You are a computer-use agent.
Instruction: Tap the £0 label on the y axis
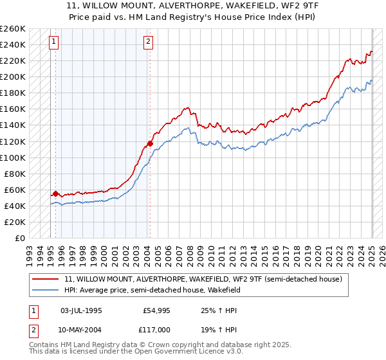pyautogui.click(x=19, y=238)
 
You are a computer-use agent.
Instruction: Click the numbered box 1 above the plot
pyautogui.click(x=55, y=42)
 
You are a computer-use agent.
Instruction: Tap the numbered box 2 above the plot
pyautogui.click(x=149, y=42)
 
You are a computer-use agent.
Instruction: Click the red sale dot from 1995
pyautogui.click(x=56, y=194)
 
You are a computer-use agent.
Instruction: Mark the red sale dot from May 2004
pyautogui.click(x=150, y=143)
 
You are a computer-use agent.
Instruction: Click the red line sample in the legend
pyautogui.click(x=45, y=279)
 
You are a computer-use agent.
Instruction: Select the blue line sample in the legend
pyautogui.click(x=45, y=290)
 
